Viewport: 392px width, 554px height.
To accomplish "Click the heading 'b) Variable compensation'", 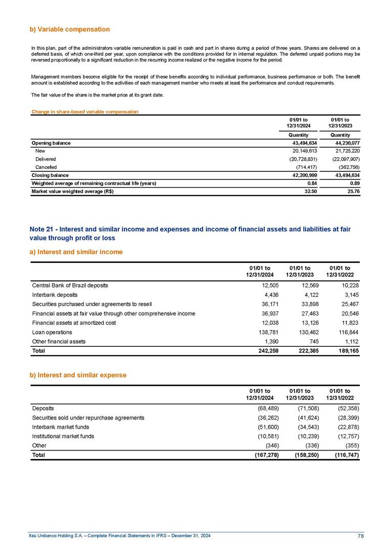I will [70, 29].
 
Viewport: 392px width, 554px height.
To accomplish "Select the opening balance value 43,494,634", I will [304, 143].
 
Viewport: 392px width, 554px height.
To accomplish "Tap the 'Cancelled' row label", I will [46, 167].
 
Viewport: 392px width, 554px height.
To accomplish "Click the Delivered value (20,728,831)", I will [303, 159].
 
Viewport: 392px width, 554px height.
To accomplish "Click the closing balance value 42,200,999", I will [304, 175].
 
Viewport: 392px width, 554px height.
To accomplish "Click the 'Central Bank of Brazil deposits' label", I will [70, 285].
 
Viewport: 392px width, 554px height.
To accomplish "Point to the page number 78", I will [360, 536].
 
